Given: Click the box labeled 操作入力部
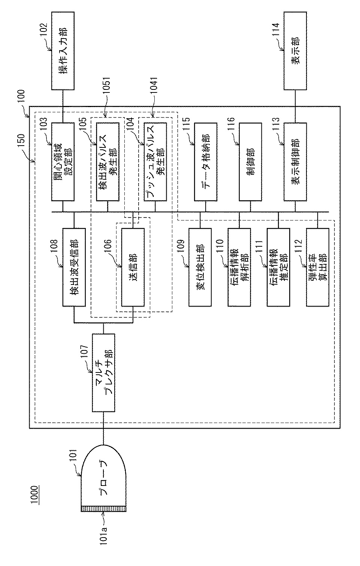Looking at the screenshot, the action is (63, 51).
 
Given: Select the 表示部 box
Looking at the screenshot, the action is (295, 51).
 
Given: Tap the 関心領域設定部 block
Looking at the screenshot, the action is (63, 162).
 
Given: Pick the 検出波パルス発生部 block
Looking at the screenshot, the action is (108, 162).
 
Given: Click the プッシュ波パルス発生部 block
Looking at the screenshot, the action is (155, 162).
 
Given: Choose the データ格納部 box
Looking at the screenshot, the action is (206, 162).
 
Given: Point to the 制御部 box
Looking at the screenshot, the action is (251, 162).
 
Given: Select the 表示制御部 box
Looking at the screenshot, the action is (295, 162).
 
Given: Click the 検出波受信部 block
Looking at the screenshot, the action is (74, 267).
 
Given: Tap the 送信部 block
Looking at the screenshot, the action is (133, 267).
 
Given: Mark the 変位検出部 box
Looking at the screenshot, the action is (200, 267).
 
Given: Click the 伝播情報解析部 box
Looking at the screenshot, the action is (239, 267).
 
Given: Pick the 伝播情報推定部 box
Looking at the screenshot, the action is (278, 267).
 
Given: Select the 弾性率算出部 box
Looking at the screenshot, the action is (318, 267).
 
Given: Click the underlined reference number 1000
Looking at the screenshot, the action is (35, 495).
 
